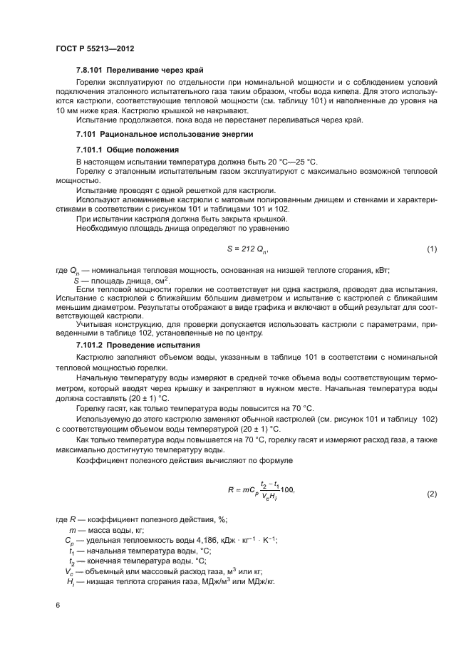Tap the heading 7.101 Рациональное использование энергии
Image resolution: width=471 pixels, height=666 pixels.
coord(155,134)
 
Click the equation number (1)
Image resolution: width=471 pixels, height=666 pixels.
coord(430,249)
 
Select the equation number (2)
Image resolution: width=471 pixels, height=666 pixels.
coord(430,493)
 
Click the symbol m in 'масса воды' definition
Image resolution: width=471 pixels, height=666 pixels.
coord(71,530)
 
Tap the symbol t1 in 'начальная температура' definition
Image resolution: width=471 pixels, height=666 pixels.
coord(71,551)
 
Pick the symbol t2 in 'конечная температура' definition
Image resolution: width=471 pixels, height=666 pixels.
coord(71,561)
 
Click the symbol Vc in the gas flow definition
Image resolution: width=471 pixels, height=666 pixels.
coord(70,571)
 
